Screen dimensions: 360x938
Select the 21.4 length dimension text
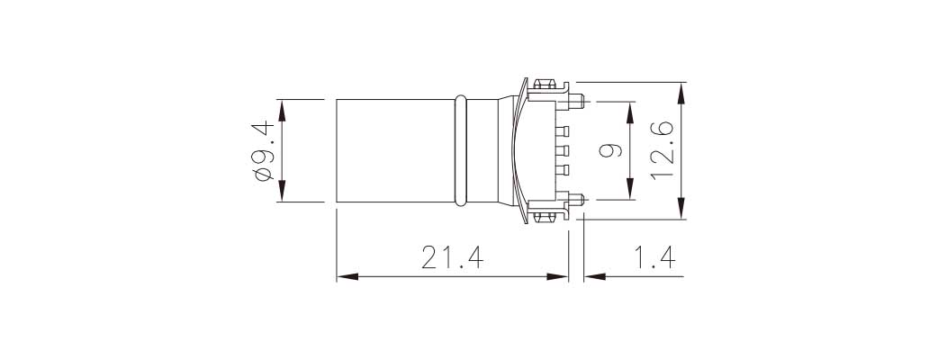tap(453, 258)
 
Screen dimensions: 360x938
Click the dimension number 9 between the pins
tap(610, 150)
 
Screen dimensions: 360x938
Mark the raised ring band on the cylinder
tap(462, 150)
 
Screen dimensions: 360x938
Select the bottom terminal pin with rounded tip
tap(577, 199)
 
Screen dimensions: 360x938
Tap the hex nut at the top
tap(544, 87)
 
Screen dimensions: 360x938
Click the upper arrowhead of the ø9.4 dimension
tap(282, 108)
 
